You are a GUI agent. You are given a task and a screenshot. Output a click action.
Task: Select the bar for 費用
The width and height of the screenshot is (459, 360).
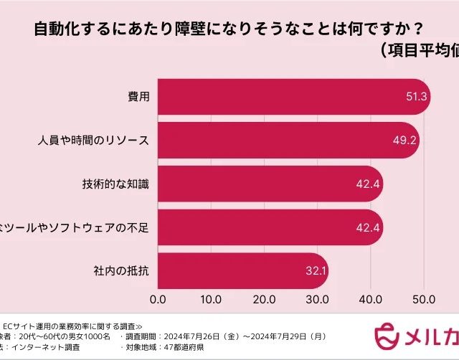click(x=287, y=97)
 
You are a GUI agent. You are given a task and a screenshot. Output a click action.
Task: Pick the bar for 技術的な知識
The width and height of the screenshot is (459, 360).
click(x=265, y=184)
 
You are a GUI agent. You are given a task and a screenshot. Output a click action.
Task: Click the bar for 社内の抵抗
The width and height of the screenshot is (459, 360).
click(x=237, y=272)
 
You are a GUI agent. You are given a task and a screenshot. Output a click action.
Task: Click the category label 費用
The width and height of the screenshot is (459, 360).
click(x=137, y=97)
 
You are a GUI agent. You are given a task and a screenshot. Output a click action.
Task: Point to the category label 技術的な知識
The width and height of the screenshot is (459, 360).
click(x=115, y=184)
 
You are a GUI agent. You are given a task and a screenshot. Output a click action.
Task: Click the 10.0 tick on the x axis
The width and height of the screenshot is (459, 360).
click(x=211, y=298)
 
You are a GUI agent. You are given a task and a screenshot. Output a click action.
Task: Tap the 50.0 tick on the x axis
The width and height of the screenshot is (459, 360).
click(x=423, y=298)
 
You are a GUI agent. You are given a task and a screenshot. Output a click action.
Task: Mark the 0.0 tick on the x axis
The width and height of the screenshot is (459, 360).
click(x=158, y=298)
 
